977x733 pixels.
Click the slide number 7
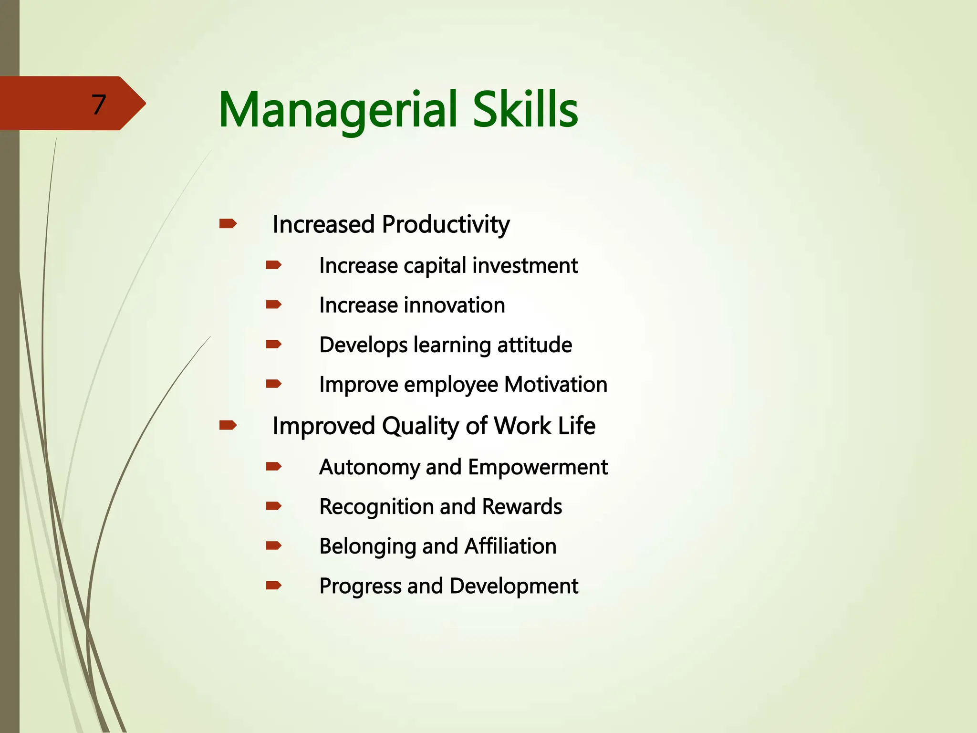(98, 105)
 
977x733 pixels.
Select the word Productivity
(446, 224)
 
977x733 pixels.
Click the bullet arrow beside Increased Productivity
(228, 223)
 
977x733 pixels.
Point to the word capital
(435, 266)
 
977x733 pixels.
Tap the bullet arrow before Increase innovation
(274, 304)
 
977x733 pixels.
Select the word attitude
(534, 345)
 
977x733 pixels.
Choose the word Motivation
(556, 384)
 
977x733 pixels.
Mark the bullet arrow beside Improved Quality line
(228, 425)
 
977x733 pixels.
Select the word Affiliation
(510, 546)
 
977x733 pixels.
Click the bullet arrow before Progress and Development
(274, 585)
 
